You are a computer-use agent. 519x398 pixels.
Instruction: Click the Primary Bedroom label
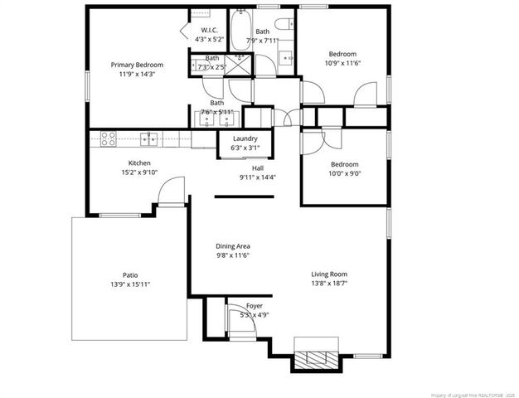pyautogui.click(x=137, y=65)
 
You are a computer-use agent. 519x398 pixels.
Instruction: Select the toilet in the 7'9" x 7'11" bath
pyautogui.click(x=284, y=22)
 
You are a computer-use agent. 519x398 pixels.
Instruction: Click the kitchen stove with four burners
pyautogui.click(x=108, y=139)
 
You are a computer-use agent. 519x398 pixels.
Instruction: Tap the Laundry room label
pyautogui.click(x=245, y=138)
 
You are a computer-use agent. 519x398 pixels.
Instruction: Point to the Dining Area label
pyautogui.click(x=233, y=246)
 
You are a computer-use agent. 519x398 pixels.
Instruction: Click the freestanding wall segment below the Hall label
pyautogui.click(x=245, y=197)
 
